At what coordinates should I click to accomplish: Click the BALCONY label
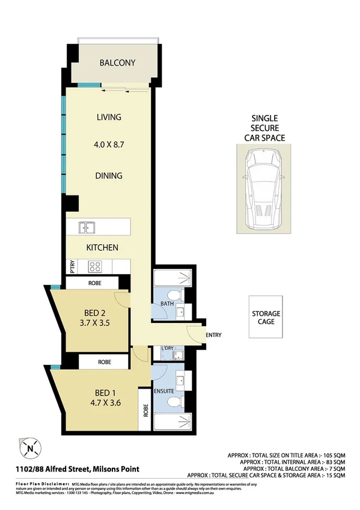117,63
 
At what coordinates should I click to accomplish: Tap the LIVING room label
109,117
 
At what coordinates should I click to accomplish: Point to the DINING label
109,176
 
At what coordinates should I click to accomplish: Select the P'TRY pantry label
72,265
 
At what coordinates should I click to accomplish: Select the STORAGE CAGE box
266,318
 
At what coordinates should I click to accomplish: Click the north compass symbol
29,447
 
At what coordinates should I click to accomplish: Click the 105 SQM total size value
332,455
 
